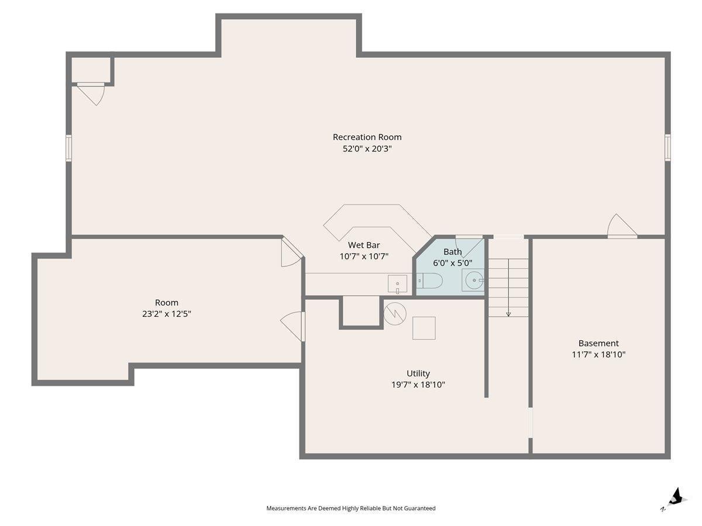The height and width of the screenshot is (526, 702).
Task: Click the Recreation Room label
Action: (367, 137)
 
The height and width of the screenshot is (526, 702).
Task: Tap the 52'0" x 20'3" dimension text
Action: (367, 148)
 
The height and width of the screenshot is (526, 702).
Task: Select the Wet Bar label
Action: (364, 245)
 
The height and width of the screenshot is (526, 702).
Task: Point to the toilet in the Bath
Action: (429, 281)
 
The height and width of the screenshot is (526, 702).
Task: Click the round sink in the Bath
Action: (474, 280)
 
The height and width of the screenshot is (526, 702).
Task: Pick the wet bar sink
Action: (397, 283)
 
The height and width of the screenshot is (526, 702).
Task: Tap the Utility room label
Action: (418, 373)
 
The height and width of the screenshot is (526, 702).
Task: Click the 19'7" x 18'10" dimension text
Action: (418, 385)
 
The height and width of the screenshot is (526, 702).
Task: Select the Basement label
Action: (598, 343)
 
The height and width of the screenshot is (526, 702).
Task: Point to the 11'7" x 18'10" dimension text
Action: (598, 355)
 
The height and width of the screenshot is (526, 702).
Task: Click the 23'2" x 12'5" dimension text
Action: (166, 314)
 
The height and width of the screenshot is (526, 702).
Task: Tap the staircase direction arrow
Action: (508, 288)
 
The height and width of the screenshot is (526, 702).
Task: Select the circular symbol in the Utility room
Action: (395, 314)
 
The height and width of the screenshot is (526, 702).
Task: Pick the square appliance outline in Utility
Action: (424, 328)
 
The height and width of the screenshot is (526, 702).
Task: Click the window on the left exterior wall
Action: (68, 147)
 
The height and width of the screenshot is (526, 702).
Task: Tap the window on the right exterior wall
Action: (667, 147)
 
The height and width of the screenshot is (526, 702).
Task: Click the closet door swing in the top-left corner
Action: (91, 94)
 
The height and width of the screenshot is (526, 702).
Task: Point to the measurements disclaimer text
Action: (351, 508)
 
